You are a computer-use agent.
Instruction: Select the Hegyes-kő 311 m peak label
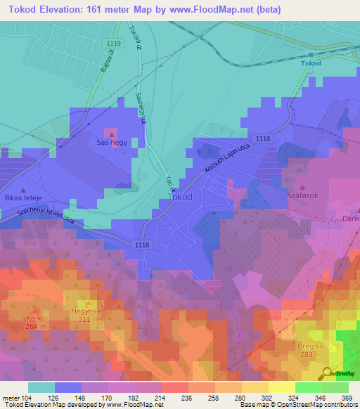(88, 313)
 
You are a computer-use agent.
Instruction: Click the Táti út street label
(168, 184)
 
